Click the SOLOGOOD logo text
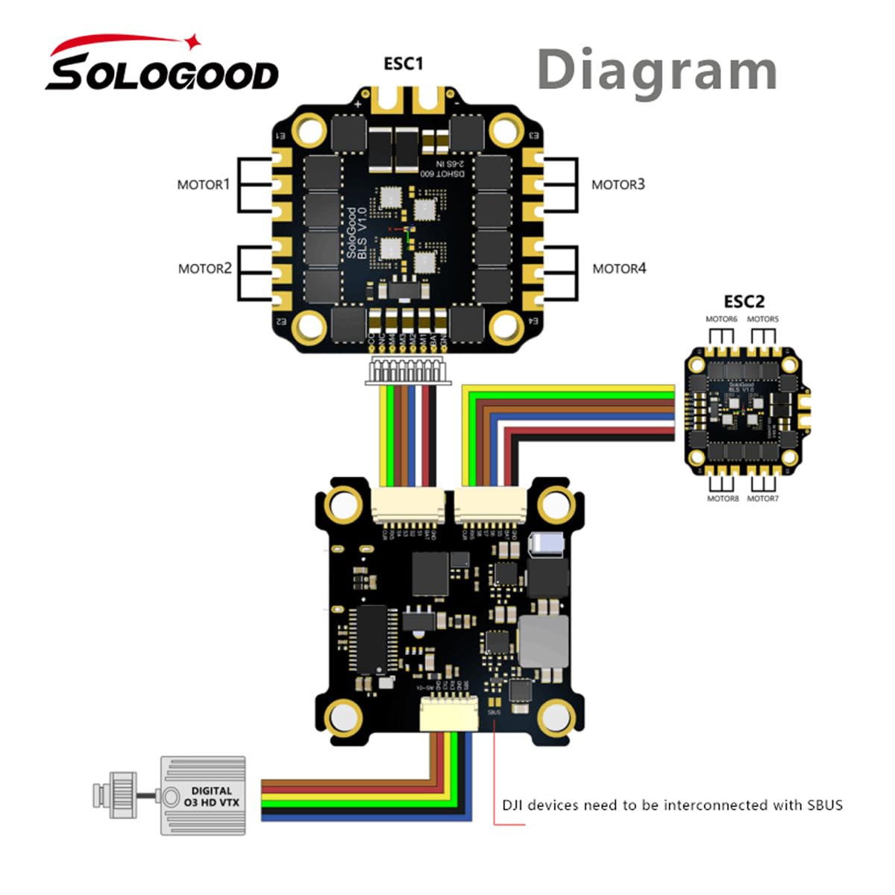click(x=162, y=72)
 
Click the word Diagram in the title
click(x=656, y=70)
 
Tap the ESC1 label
click(x=403, y=64)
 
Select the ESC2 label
click(x=744, y=301)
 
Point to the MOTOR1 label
click(x=203, y=184)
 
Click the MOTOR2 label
click(x=204, y=268)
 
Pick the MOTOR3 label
click(x=618, y=184)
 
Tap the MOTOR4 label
click(x=619, y=268)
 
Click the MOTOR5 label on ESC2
click(x=762, y=319)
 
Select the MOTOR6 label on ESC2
click(x=721, y=319)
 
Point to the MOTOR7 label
click(x=762, y=498)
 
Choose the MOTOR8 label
click(x=722, y=498)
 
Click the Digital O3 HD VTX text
click(x=212, y=797)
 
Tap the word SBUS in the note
click(x=824, y=805)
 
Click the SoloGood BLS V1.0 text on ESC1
click(x=357, y=231)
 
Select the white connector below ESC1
click(x=406, y=371)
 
